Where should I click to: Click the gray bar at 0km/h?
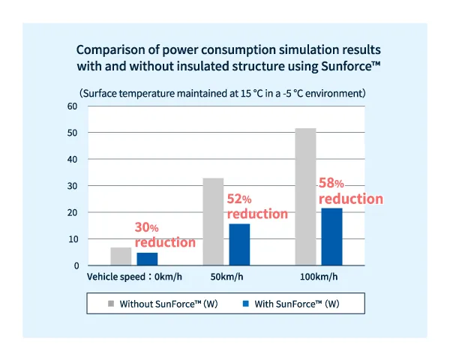(x=121, y=256)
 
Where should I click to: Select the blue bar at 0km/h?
(x=147, y=259)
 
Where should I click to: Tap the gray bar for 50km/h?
(x=214, y=222)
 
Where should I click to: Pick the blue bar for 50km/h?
(x=239, y=244)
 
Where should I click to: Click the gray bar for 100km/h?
(x=305, y=196)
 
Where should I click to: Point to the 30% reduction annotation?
(x=164, y=235)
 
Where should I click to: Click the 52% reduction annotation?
(x=256, y=206)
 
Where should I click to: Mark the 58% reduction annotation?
(x=350, y=191)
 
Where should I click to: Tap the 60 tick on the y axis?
(x=73, y=106)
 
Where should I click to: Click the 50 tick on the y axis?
(x=73, y=133)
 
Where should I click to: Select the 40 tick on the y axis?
(x=73, y=159)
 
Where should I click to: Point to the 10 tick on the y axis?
(x=73, y=239)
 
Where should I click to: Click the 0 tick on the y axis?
(x=76, y=265)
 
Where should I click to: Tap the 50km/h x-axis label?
(x=226, y=277)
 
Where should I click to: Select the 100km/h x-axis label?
(x=319, y=277)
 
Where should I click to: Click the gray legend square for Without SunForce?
(x=110, y=304)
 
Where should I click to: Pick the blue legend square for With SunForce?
(x=244, y=304)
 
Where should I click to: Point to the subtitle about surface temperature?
(x=223, y=94)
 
